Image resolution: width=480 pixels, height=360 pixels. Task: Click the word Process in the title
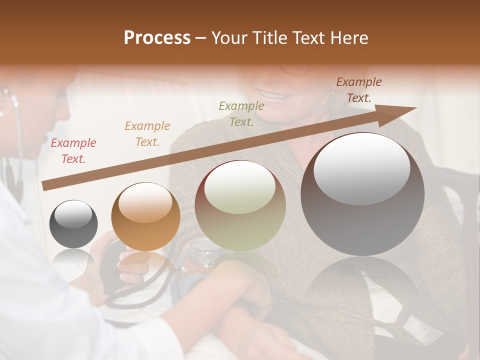(157, 38)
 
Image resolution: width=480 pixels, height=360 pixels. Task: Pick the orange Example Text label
(147, 134)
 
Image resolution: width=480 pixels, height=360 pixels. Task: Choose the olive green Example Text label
(241, 113)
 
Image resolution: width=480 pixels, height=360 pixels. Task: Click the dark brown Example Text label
(359, 90)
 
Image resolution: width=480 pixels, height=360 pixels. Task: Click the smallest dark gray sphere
(73, 224)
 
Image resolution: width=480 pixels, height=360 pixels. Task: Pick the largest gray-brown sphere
(362, 210)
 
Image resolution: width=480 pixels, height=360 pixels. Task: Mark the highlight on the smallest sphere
(73, 214)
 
